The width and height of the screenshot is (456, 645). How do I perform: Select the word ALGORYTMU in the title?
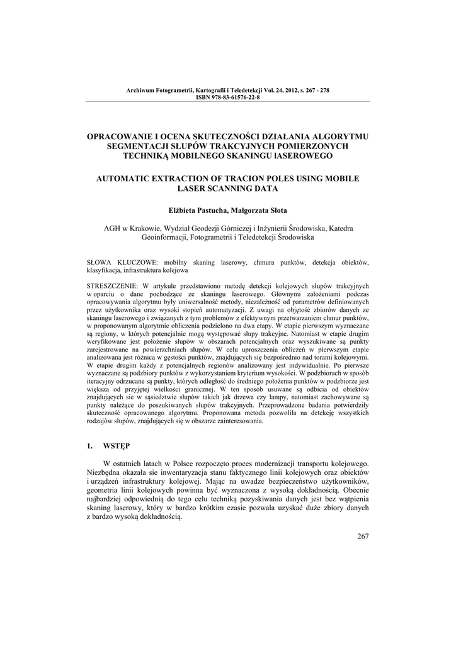pyautogui.click(x=339, y=136)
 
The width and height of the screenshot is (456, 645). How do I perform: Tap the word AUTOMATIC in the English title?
pyautogui.click(x=131, y=179)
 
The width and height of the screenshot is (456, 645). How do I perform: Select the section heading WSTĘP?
pyautogui.click(x=118, y=446)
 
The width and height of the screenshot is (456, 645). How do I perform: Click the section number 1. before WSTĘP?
pyautogui.click(x=90, y=446)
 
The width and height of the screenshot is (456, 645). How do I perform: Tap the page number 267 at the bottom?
pyautogui.click(x=362, y=537)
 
